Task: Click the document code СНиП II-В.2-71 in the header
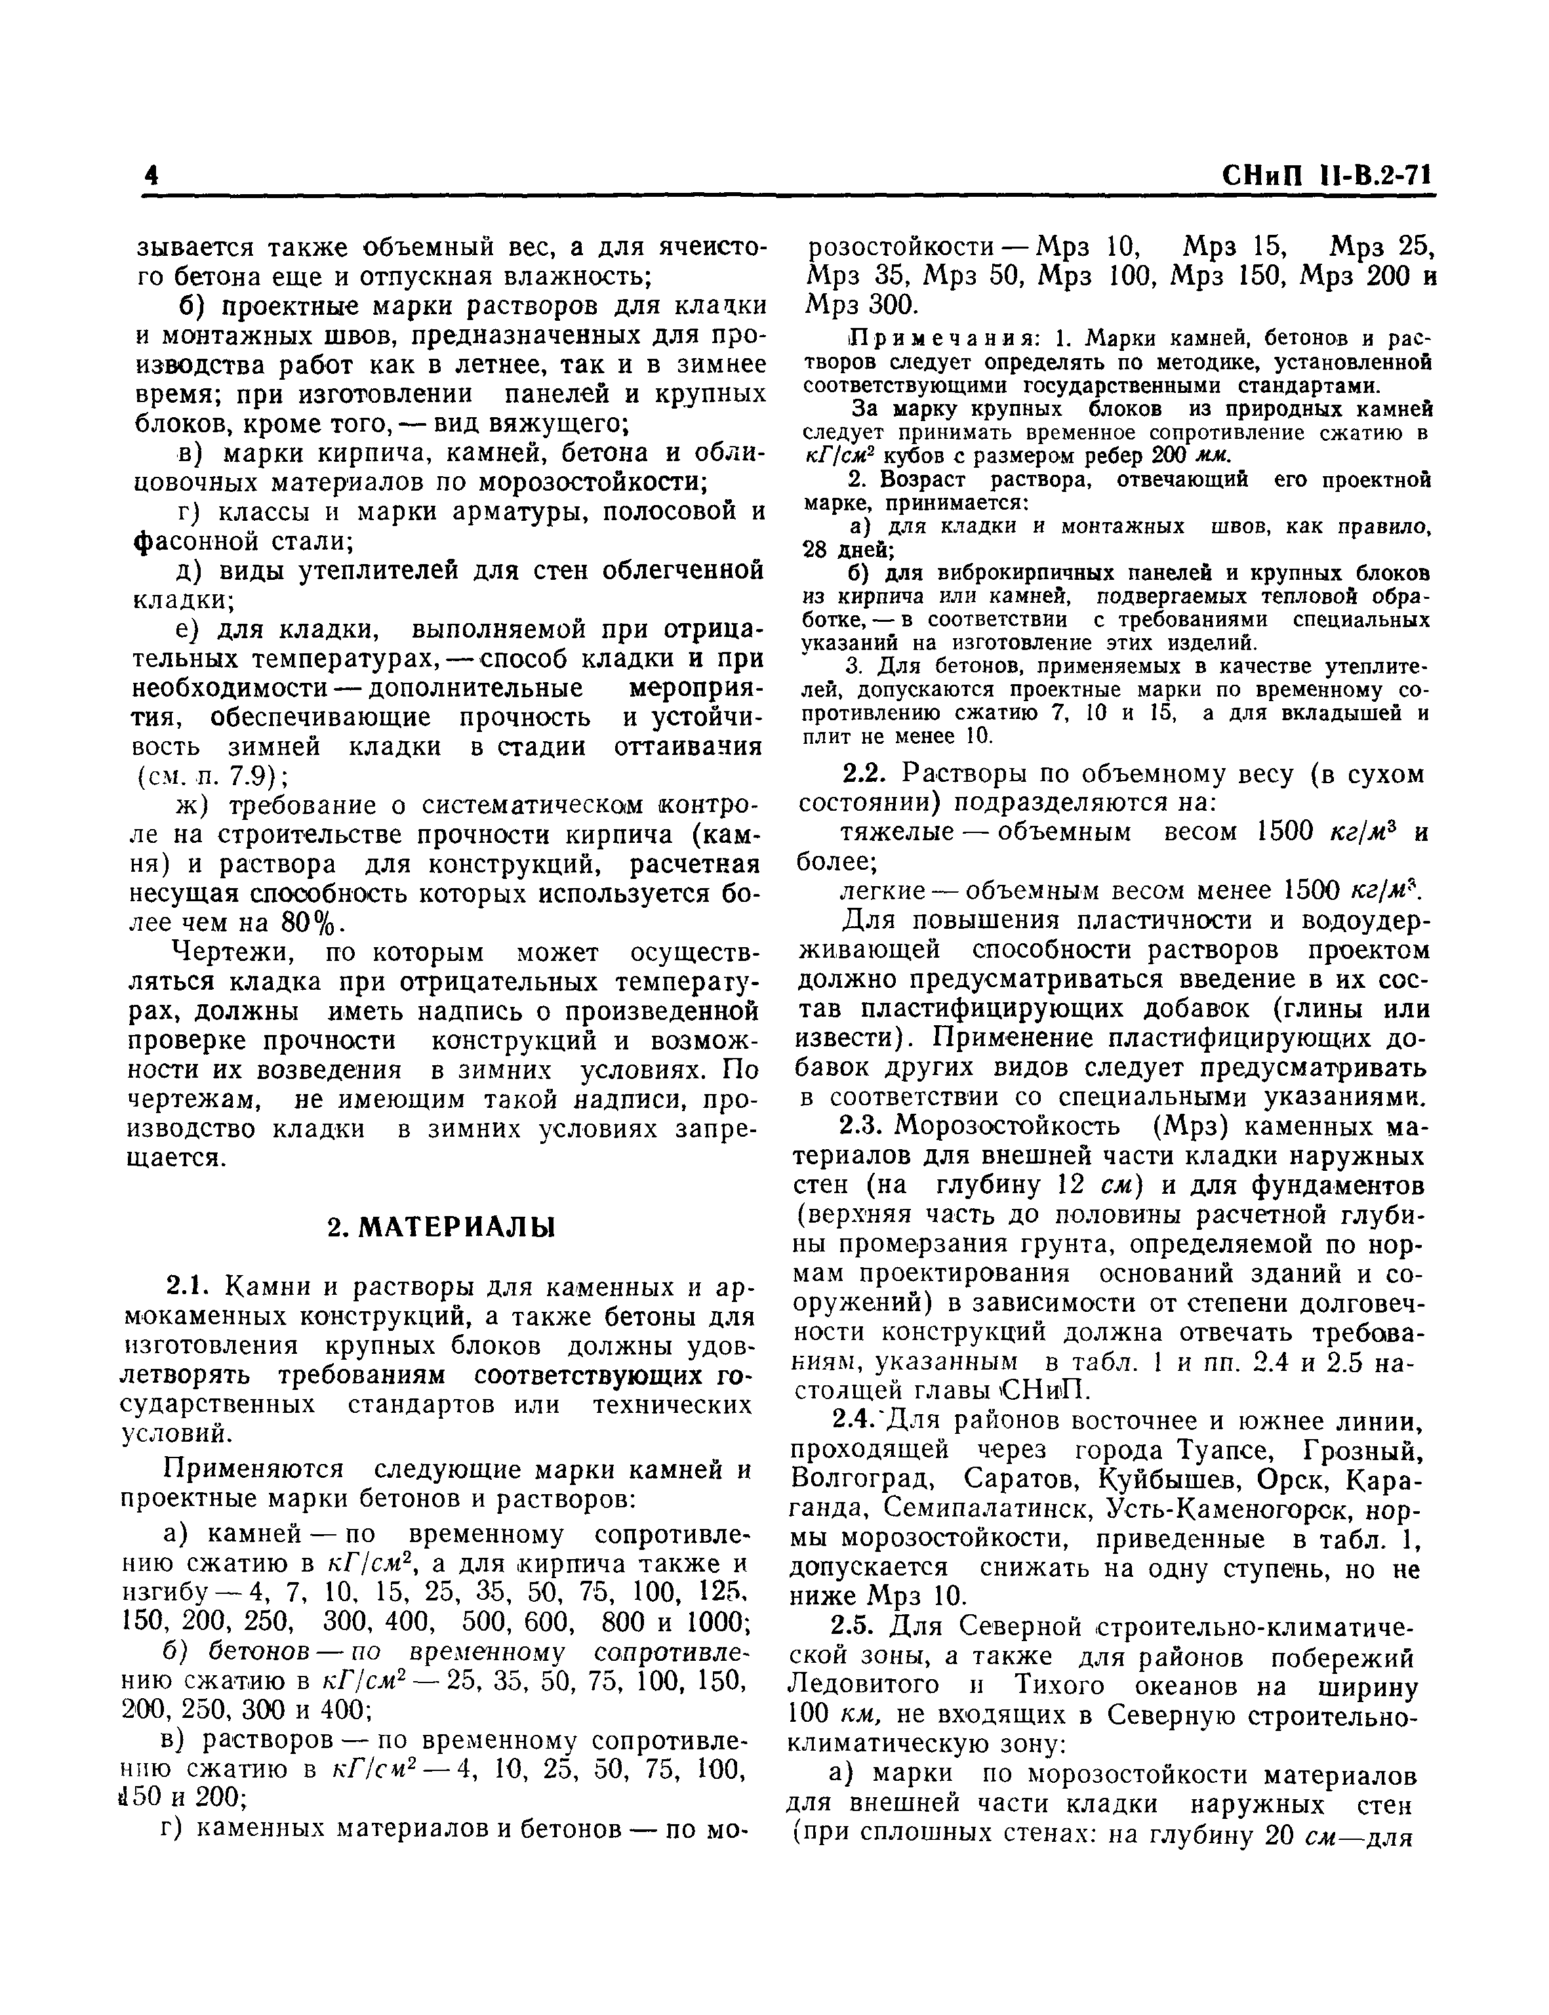1329,175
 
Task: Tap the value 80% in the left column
313,923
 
